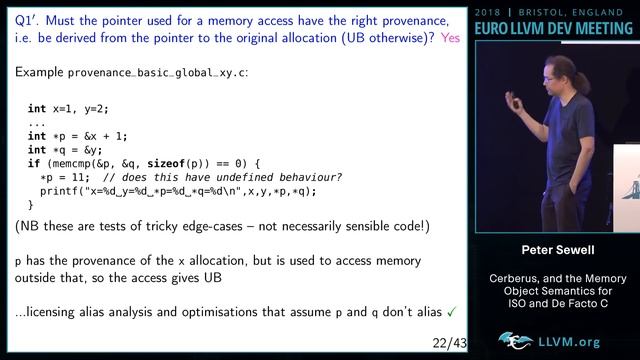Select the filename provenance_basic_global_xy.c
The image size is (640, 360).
(x=155, y=73)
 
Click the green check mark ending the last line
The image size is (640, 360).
(x=452, y=312)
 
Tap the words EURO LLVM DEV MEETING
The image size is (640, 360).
(x=555, y=29)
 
